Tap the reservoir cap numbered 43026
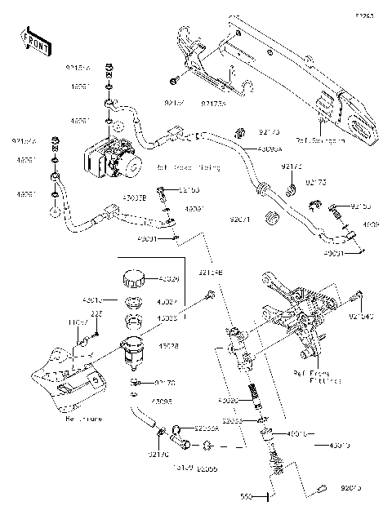tap(131, 280)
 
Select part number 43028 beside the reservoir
tap(169, 347)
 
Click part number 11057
tap(78, 323)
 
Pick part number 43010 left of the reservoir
tap(95, 300)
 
